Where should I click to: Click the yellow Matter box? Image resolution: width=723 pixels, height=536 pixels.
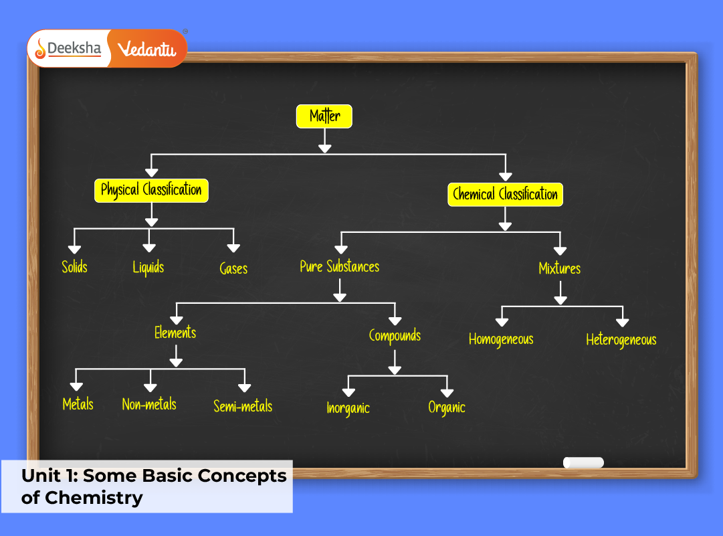click(324, 116)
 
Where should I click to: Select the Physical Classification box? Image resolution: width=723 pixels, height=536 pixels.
click(151, 190)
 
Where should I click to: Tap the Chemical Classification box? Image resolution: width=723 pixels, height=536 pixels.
click(505, 195)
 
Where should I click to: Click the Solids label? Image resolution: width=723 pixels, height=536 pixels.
click(74, 267)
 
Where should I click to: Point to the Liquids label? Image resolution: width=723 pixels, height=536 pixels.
click(148, 268)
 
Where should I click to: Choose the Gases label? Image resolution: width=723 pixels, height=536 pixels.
click(233, 269)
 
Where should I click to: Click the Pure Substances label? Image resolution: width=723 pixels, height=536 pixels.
click(339, 267)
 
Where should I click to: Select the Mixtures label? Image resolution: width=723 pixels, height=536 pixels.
click(560, 268)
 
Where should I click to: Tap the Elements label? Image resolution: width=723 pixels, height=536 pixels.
click(175, 333)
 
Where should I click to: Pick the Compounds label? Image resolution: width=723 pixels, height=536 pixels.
click(395, 335)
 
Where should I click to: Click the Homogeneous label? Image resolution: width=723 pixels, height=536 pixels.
click(501, 339)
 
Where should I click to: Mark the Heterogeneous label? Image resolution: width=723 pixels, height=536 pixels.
click(621, 340)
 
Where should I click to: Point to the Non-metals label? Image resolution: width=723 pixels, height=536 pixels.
click(149, 404)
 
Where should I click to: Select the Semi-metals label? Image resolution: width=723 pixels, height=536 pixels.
click(243, 406)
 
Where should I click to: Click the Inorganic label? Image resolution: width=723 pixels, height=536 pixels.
click(348, 408)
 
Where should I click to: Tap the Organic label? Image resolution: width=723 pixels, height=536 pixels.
click(447, 407)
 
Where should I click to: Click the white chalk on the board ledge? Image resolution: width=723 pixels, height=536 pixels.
click(583, 462)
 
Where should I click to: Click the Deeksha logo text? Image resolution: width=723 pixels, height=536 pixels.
click(74, 49)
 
